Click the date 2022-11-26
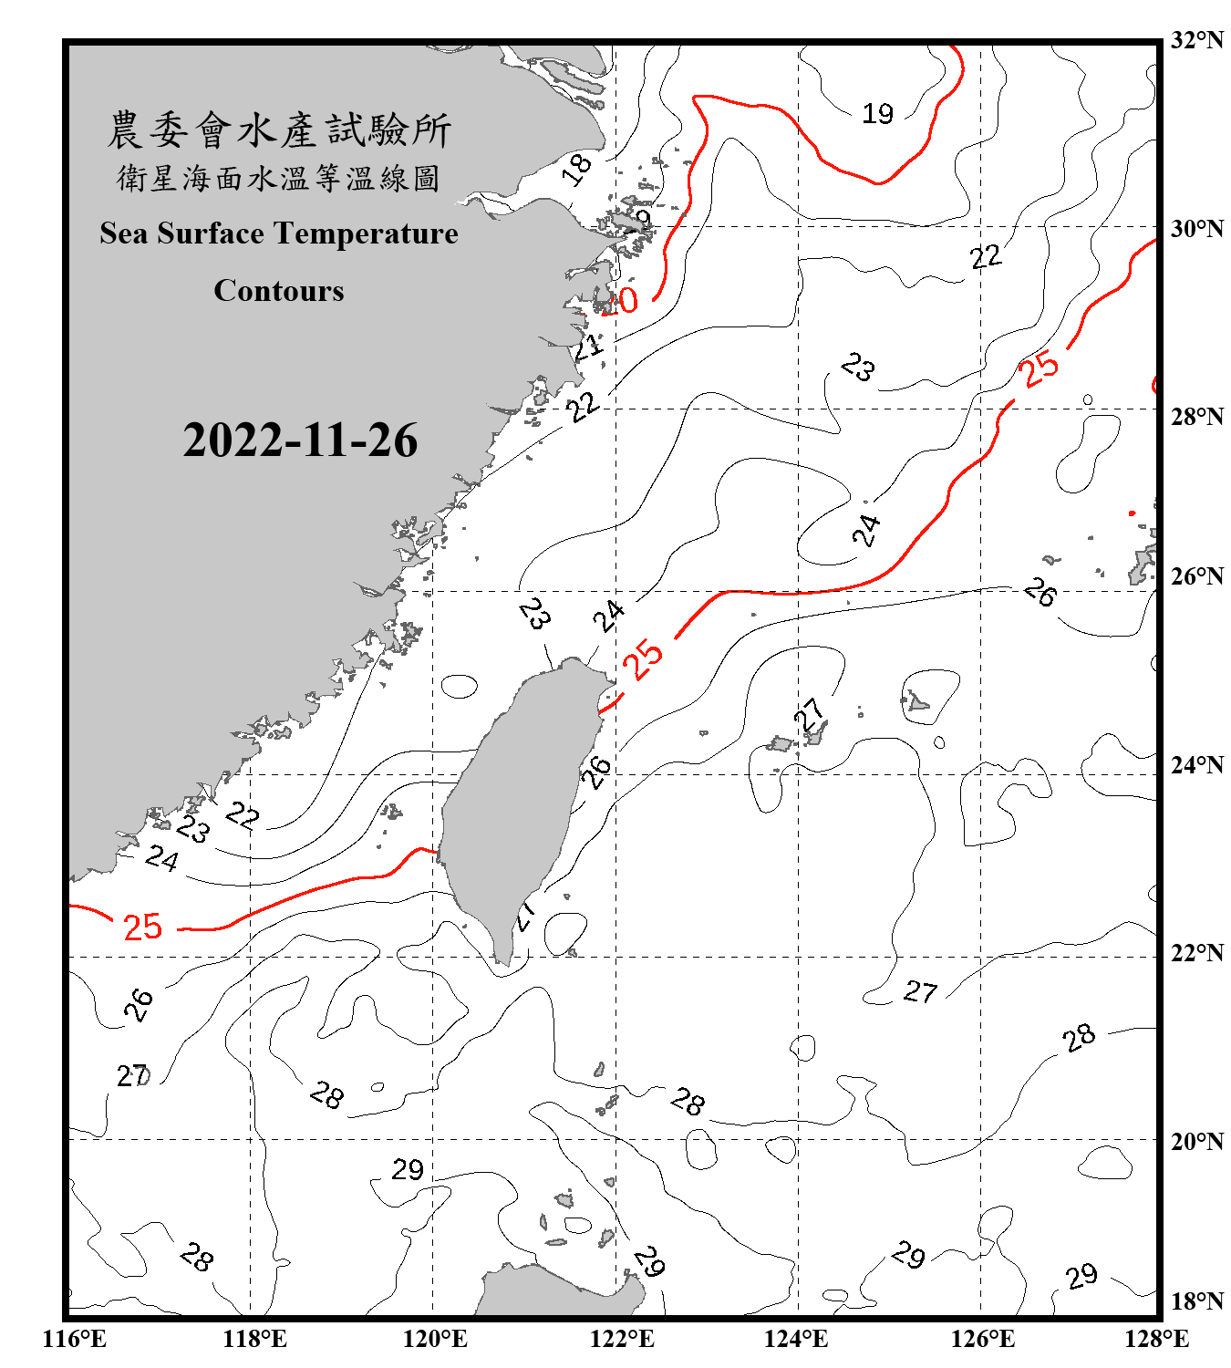(x=300, y=440)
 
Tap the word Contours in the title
(x=279, y=291)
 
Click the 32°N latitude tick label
(x=1196, y=40)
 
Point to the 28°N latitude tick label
(x=1196, y=417)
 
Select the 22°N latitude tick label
(x=1196, y=953)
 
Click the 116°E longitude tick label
(x=75, y=1339)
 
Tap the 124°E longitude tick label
(x=796, y=1339)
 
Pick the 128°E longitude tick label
(x=1156, y=1339)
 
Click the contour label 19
(x=877, y=114)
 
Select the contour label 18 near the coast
(x=576, y=169)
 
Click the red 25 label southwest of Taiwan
(x=142, y=928)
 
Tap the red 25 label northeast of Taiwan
(x=643, y=658)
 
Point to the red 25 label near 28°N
(x=1040, y=368)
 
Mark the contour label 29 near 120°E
(x=408, y=1169)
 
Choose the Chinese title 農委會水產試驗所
(x=279, y=130)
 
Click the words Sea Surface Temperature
(x=279, y=233)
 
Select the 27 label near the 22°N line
(x=920, y=991)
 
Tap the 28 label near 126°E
(x=1079, y=1038)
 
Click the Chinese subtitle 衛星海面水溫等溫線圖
(x=279, y=179)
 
